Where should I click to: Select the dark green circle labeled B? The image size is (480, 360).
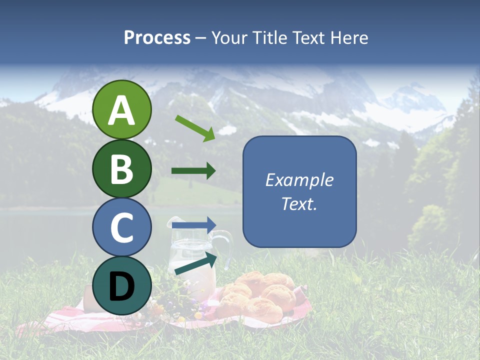[121, 168]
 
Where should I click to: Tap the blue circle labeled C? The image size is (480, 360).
[121, 227]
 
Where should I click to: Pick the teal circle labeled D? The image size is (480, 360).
[121, 286]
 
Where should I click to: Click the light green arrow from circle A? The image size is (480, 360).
[195, 127]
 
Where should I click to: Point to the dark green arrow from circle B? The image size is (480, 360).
[193, 171]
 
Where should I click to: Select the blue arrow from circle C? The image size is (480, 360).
[194, 224]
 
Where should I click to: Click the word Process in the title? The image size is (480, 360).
[157, 37]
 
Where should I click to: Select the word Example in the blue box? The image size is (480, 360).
[299, 180]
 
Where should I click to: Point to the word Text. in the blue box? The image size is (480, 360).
[299, 204]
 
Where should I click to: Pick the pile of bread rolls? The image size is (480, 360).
[260, 297]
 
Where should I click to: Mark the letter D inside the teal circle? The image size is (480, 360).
[121, 287]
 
